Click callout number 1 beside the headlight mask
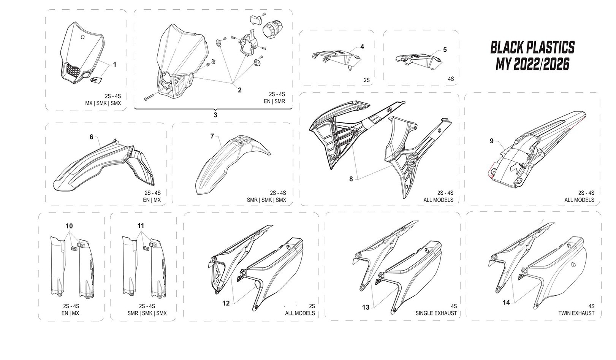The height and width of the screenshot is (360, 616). tap(114, 65)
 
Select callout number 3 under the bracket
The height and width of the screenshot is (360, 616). tap(215, 115)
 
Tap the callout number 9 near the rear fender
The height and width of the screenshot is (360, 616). tap(491, 141)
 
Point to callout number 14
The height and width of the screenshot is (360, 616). tap(506, 303)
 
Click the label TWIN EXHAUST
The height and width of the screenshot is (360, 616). tap(576, 313)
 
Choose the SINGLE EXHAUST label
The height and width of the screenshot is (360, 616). tap(437, 313)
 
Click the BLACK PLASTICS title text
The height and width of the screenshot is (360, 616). tap(532, 48)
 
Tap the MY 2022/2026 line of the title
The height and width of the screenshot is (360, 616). tap(532, 65)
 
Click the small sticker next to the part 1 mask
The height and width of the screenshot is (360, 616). tap(95, 79)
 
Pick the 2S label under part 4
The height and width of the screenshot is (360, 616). tap(366, 80)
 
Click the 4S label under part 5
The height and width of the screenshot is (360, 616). tap(451, 79)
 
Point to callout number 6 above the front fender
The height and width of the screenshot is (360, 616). tap(91, 137)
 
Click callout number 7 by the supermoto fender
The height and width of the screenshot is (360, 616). tap(212, 136)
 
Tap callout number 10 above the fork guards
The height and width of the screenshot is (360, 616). tap(69, 226)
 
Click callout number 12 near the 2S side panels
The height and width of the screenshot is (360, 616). tap(226, 303)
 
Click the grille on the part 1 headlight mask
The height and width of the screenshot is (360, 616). tap(72, 70)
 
